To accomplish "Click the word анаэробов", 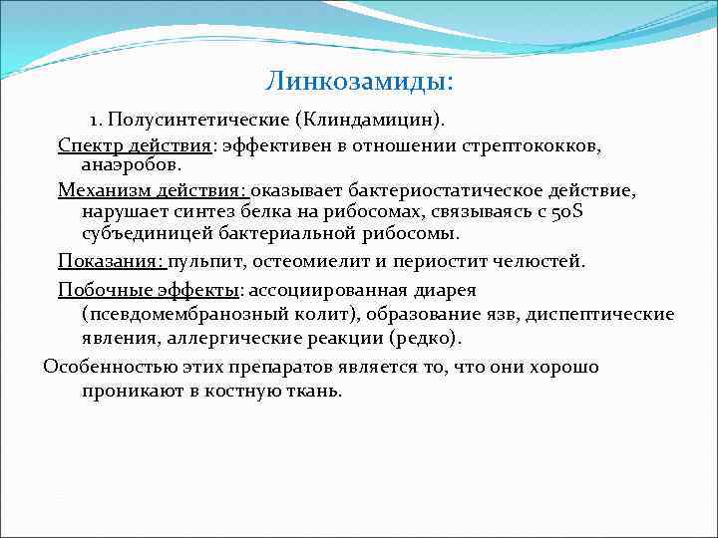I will (130, 163).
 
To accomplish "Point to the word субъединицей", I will (143, 234).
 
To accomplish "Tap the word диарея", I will (447, 290).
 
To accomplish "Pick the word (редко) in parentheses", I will (424, 339).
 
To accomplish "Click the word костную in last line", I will (235, 391).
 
